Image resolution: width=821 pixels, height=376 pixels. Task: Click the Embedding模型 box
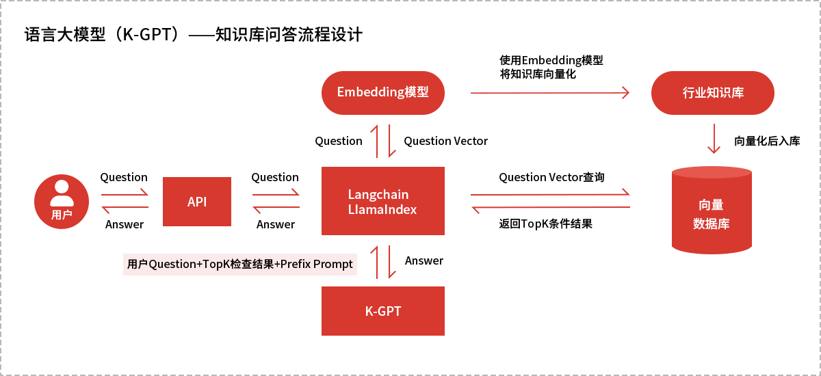[383, 93]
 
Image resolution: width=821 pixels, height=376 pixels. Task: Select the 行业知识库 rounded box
[713, 93]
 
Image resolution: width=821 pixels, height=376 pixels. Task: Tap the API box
[197, 202]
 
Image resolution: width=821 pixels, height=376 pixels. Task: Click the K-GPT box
[383, 311]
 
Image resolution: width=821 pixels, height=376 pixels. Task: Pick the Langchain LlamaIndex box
[383, 202]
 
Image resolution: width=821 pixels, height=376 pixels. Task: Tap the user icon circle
[62, 202]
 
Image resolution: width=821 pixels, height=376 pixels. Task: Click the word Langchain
[378, 195]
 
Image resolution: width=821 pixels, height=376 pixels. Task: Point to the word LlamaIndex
[382, 210]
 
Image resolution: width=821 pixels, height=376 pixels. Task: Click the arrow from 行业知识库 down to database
[714, 139]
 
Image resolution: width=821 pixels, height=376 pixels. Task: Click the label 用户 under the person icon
[62, 215]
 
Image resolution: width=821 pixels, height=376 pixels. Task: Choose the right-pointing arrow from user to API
[125, 195]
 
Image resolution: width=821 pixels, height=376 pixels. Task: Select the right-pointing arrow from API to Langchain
[276, 195]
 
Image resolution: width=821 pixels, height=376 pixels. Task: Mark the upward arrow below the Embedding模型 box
[374, 141]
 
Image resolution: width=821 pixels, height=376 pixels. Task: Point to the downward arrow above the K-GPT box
[392, 262]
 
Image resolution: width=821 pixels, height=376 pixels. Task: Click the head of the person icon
[62, 187]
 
